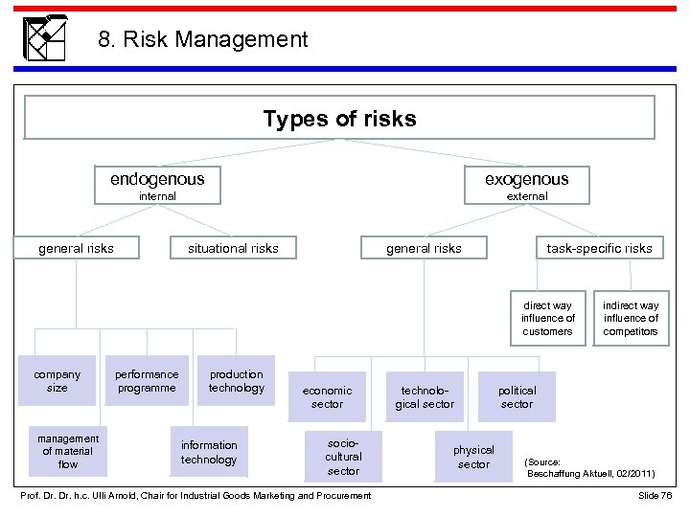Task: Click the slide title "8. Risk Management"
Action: (x=202, y=39)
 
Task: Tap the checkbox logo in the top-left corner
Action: (x=44, y=38)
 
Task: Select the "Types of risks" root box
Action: (x=339, y=119)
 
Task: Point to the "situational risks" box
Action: (x=233, y=248)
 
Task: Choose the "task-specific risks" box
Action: (x=599, y=248)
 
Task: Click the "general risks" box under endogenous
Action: (x=76, y=248)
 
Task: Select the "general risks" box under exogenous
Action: (x=423, y=248)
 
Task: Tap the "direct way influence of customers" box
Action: (x=548, y=318)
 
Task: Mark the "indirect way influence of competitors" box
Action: (x=631, y=318)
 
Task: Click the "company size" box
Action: (x=57, y=381)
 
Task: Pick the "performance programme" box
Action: (x=147, y=381)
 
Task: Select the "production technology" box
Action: (x=237, y=381)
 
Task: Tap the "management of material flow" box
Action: (x=68, y=451)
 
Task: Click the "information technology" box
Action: (x=209, y=452)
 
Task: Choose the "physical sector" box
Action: (x=473, y=457)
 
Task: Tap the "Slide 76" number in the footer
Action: (x=655, y=495)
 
